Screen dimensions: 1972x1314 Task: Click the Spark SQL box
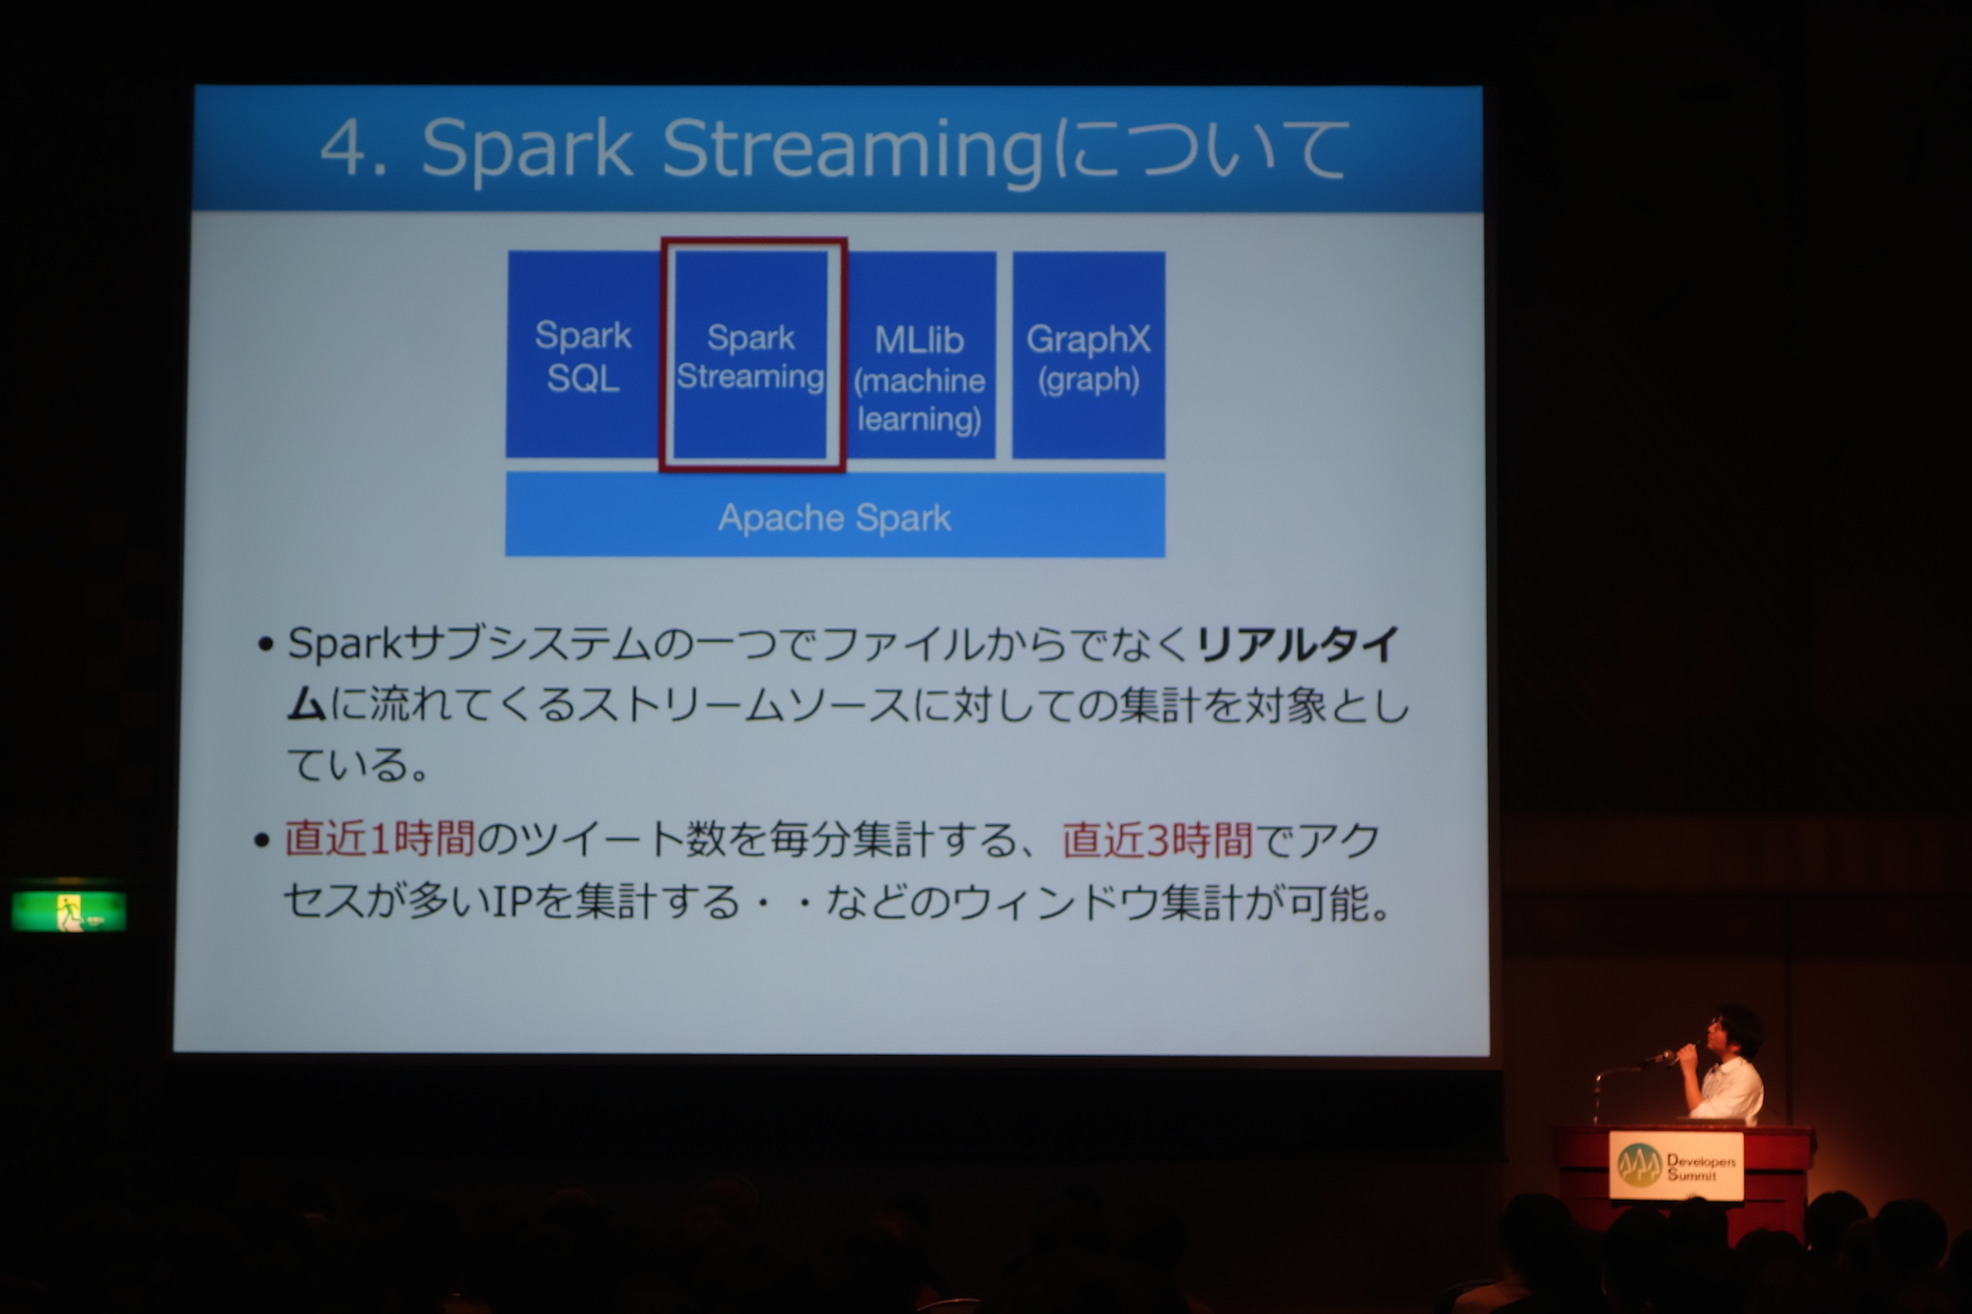(583, 355)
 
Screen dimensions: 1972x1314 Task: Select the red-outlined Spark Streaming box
(752, 355)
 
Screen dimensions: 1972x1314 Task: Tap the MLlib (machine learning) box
(920, 355)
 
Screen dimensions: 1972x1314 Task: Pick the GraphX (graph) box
(1089, 355)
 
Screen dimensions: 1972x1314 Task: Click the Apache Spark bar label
(834, 518)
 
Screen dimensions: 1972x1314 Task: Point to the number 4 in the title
(344, 149)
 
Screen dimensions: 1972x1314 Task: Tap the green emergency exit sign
(69, 910)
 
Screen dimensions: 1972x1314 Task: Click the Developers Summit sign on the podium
(1676, 1166)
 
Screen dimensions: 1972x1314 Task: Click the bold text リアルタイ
(1298, 645)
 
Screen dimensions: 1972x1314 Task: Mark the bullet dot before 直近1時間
(261, 841)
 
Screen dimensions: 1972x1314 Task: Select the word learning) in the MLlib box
(919, 419)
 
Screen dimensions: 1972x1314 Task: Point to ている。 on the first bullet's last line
(358, 764)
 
